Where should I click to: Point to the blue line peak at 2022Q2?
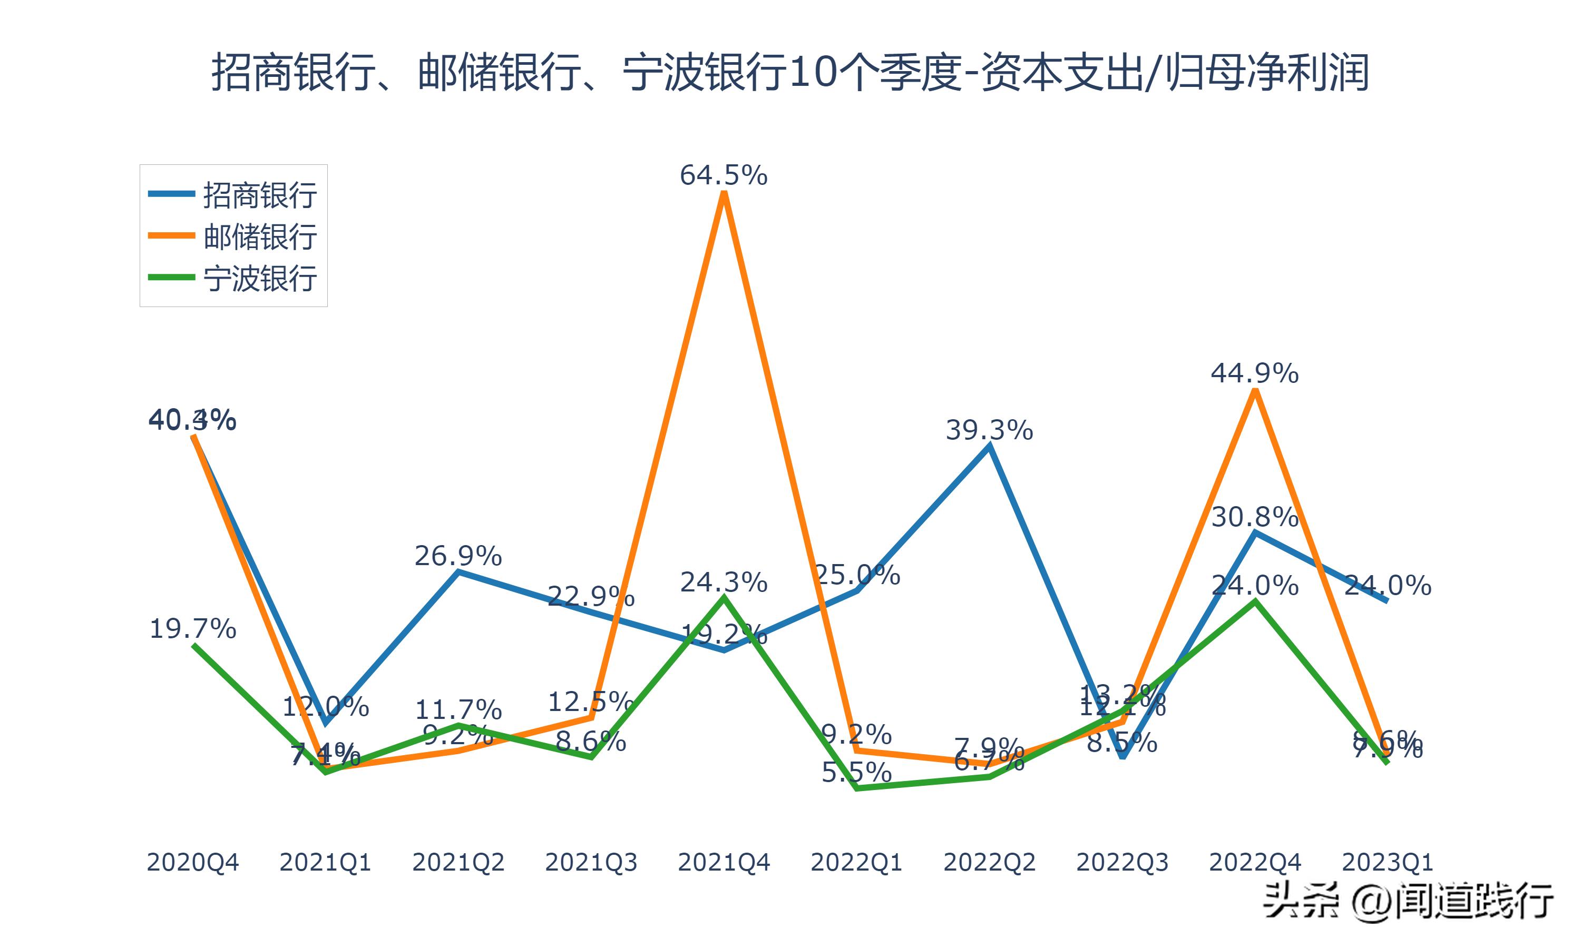pos(989,447)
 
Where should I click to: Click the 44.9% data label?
pos(1254,373)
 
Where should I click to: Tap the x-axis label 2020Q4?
pos(192,862)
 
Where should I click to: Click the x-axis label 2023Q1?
pos(1387,862)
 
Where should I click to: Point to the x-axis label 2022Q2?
pos(989,862)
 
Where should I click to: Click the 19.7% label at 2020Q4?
pos(192,629)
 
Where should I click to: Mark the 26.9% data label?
pos(457,556)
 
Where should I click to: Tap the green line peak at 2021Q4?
pos(724,598)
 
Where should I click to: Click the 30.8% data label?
pos(1254,517)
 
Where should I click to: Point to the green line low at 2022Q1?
pos(856,788)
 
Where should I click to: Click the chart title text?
pos(790,72)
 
